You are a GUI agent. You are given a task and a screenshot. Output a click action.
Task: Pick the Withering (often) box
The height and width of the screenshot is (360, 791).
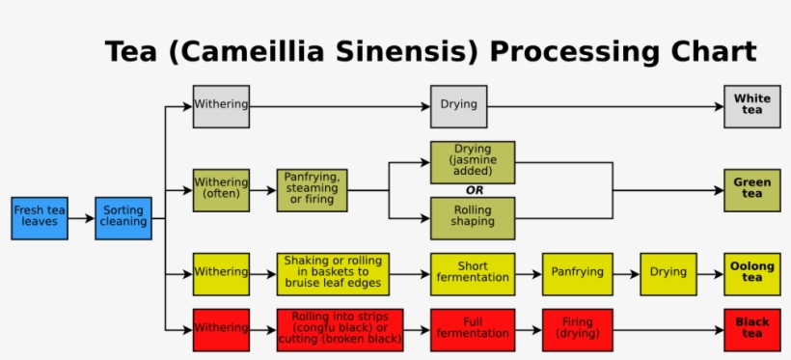point(221,190)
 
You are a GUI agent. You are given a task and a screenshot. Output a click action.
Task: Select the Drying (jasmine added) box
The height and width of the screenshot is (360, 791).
point(472,162)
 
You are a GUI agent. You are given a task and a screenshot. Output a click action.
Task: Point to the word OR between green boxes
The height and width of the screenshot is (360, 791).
point(474,190)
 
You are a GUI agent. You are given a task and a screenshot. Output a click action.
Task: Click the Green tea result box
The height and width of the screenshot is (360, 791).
point(751,190)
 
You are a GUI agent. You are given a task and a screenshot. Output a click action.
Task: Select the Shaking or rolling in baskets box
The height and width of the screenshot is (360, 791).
point(333,274)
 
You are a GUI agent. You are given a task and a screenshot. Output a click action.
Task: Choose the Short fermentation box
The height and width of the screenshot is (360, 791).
point(472,274)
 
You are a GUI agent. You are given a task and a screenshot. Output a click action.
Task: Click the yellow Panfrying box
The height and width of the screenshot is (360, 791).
point(578,274)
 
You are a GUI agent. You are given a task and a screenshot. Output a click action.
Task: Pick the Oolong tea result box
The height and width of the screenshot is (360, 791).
point(751,274)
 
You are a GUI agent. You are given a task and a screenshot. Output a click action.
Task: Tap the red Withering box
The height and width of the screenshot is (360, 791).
point(221,329)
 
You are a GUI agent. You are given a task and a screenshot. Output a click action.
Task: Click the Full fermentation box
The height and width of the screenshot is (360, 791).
point(472,329)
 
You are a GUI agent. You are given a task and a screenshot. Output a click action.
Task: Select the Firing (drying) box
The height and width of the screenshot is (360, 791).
point(578,329)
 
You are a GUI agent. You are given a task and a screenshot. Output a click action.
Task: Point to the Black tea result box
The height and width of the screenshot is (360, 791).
point(751,329)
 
